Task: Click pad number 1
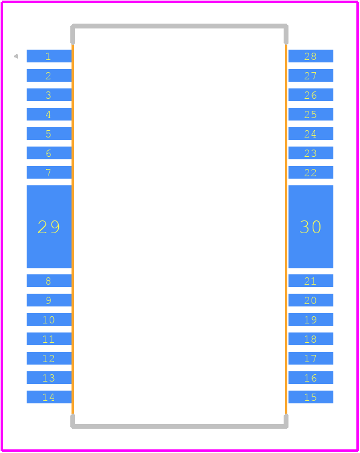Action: pyautogui.click(x=49, y=56)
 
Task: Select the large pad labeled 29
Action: pyautogui.click(x=49, y=226)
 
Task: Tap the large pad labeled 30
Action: pyautogui.click(x=311, y=226)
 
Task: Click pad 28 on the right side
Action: pyautogui.click(x=311, y=56)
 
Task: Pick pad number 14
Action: pyautogui.click(x=49, y=397)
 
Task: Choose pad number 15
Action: pyautogui.click(x=311, y=397)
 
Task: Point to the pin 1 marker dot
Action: pyautogui.click(x=16, y=56)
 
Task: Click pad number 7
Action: pyautogui.click(x=49, y=172)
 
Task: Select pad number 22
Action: pyautogui.click(x=311, y=172)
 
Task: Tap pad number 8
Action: pyautogui.click(x=49, y=281)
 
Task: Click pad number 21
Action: pyautogui.click(x=311, y=281)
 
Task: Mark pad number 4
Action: pyautogui.click(x=49, y=114)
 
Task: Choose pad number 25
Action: pyautogui.click(x=311, y=114)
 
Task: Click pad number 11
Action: pyautogui.click(x=49, y=339)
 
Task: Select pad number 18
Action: pyautogui.click(x=311, y=339)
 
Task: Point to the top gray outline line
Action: pyautogui.click(x=179, y=26)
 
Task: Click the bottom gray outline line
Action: pyautogui.click(x=179, y=426)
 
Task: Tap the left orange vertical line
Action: pyautogui.click(x=73, y=230)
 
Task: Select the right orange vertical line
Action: pyautogui.click(x=286, y=230)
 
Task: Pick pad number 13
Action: pyautogui.click(x=49, y=377)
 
